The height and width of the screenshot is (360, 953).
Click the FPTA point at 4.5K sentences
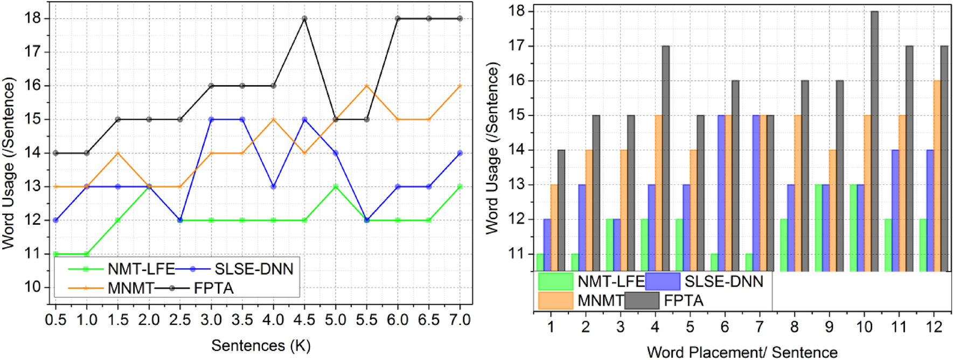pyautogui.click(x=304, y=18)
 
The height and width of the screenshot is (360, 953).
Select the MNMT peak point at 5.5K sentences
pyautogui.click(x=367, y=86)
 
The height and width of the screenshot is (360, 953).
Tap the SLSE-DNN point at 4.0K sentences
pyautogui.click(x=273, y=186)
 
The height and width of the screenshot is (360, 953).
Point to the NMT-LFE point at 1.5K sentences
pyautogui.click(x=118, y=220)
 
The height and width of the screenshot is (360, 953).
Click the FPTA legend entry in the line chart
pyautogui.click(x=213, y=288)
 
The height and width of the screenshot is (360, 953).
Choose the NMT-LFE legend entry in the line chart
pyautogui.click(x=141, y=269)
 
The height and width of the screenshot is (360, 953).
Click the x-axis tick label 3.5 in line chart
pyautogui.click(x=242, y=320)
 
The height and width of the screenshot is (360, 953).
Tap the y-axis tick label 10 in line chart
pyautogui.click(x=33, y=287)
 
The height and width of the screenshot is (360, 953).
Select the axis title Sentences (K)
pyautogui.click(x=261, y=345)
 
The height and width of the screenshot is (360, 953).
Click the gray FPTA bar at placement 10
pyautogui.click(x=874, y=141)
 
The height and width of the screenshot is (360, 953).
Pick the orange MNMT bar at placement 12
pyautogui.click(x=937, y=176)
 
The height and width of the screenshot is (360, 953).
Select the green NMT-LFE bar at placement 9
pyautogui.click(x=818, y=227)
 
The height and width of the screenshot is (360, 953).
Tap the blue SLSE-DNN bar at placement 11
pyautogui.click(x=895, y=210)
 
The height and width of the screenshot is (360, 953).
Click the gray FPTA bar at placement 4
pyautogui.click(x=666, y=158)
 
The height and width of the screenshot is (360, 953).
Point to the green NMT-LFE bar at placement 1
pyautogui.click(x=540, y=262)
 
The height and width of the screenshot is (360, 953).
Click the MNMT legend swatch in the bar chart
pyautogui.click(x=555, y=301)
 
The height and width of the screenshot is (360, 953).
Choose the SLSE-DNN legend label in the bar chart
pyautogui.click(x=724, y=281)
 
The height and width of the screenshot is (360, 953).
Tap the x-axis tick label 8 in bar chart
pyautogui.click(x=794, y=327)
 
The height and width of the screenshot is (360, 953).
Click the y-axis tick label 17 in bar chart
pyautogui.click(x=518, y=46)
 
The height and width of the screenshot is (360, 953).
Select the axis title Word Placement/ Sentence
pyautogui.click(x=742, y=352)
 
